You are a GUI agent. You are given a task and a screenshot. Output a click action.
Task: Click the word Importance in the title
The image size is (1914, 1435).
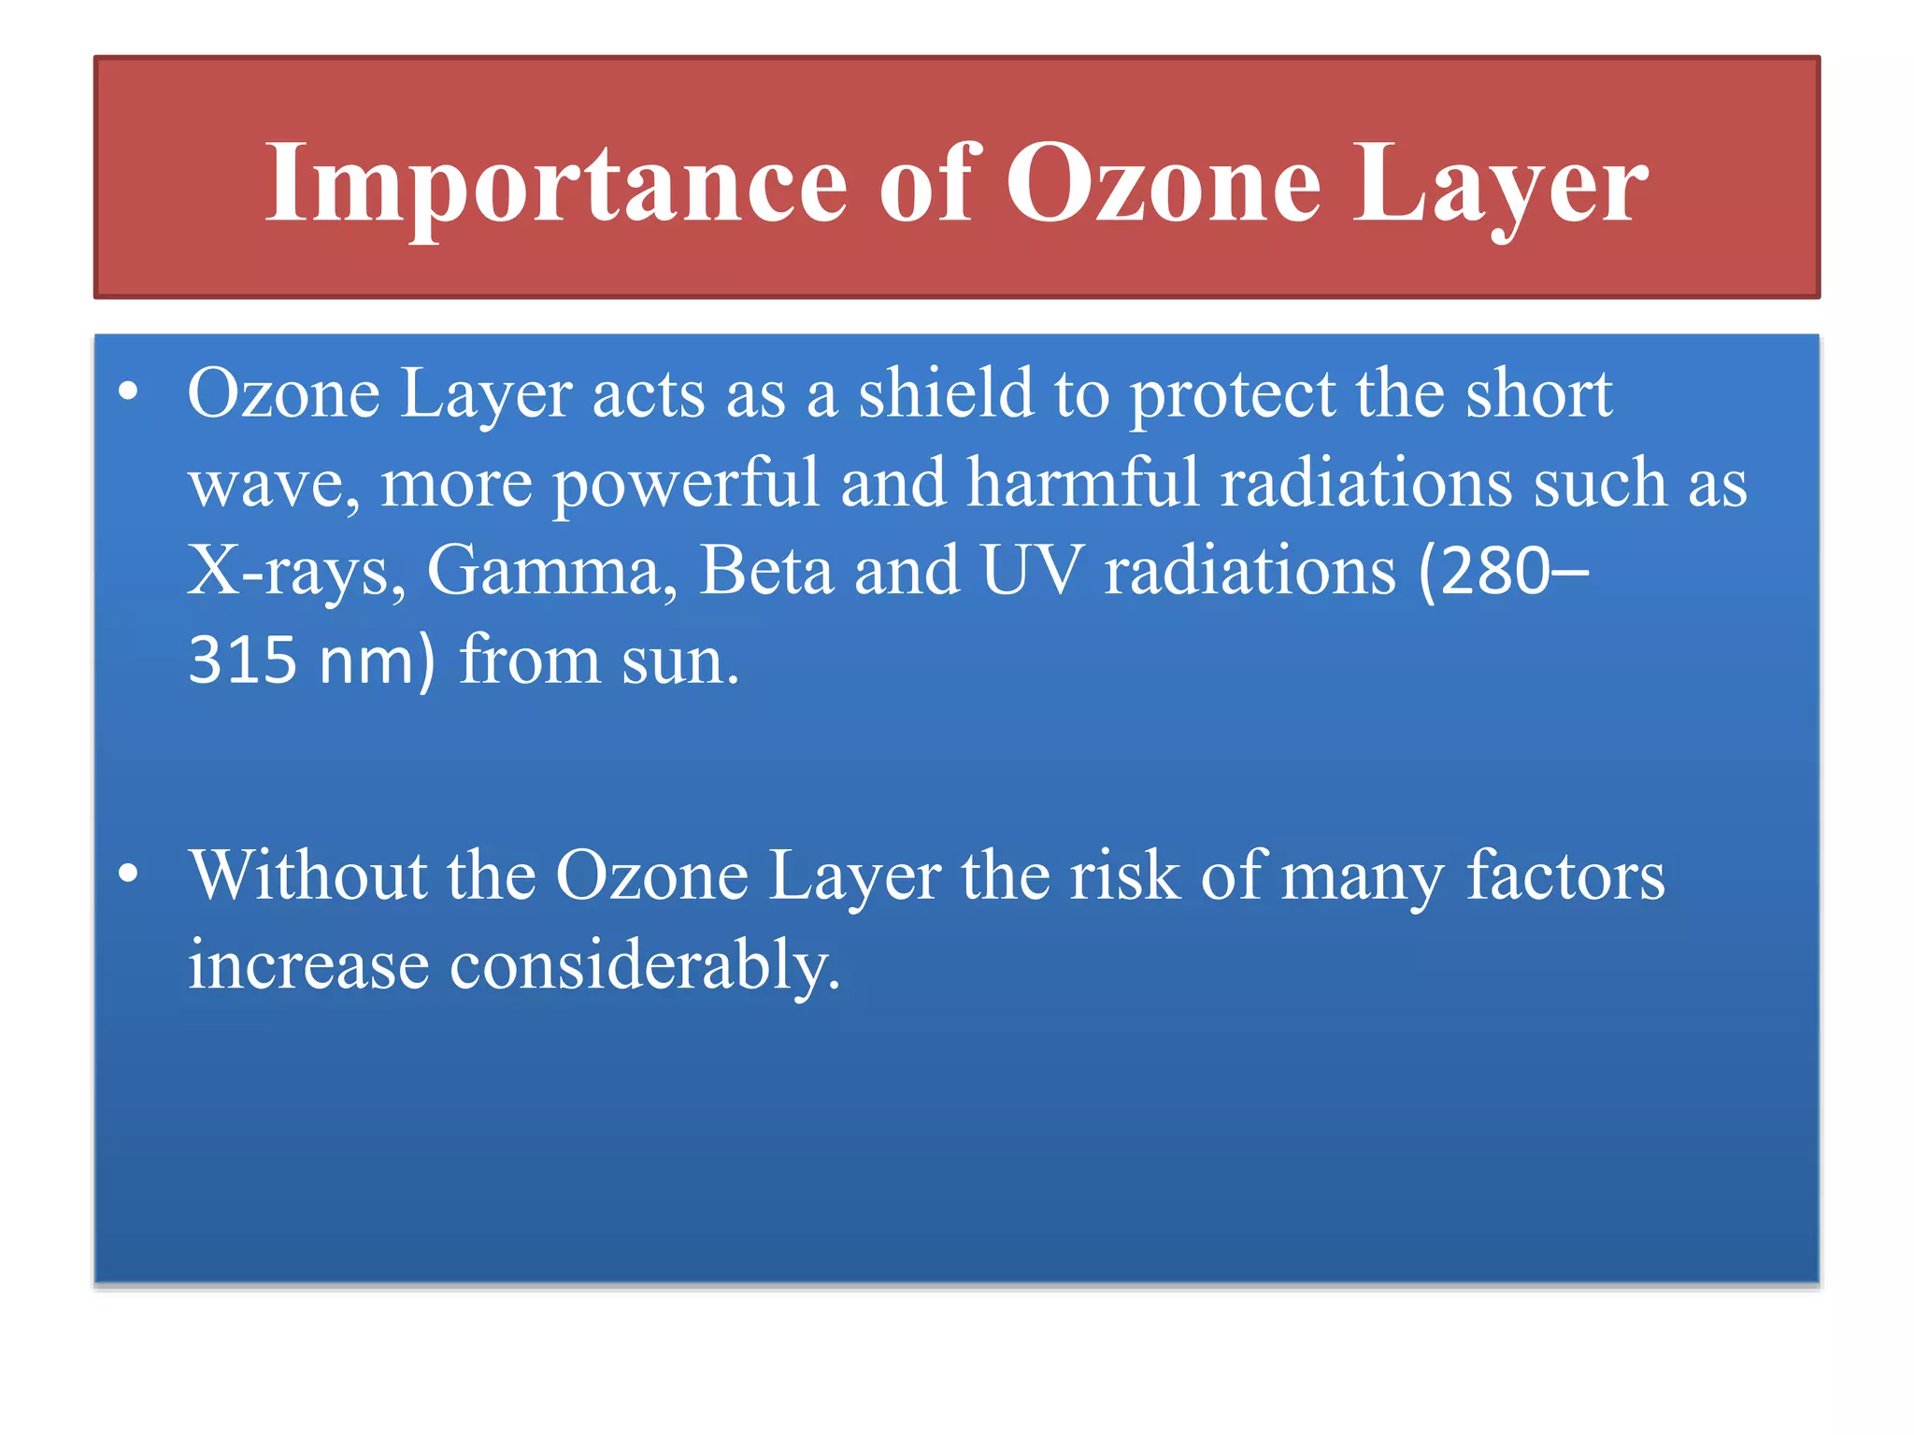(556, 184)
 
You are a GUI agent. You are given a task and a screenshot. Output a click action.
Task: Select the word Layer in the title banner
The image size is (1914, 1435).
(1500, 184)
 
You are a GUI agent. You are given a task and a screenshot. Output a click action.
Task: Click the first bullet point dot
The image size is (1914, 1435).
(129, 392)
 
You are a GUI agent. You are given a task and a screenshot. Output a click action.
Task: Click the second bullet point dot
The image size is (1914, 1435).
(129, 874)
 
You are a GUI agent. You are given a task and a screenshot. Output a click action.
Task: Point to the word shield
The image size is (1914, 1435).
(946, 393)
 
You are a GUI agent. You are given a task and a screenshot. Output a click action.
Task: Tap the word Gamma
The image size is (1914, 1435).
(551, 571)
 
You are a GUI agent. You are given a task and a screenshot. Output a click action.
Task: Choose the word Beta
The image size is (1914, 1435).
(766, 571)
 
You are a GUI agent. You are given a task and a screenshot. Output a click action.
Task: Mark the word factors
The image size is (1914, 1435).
(1565, 874)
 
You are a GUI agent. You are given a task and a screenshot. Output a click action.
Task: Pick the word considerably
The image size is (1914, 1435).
(645, 964)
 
